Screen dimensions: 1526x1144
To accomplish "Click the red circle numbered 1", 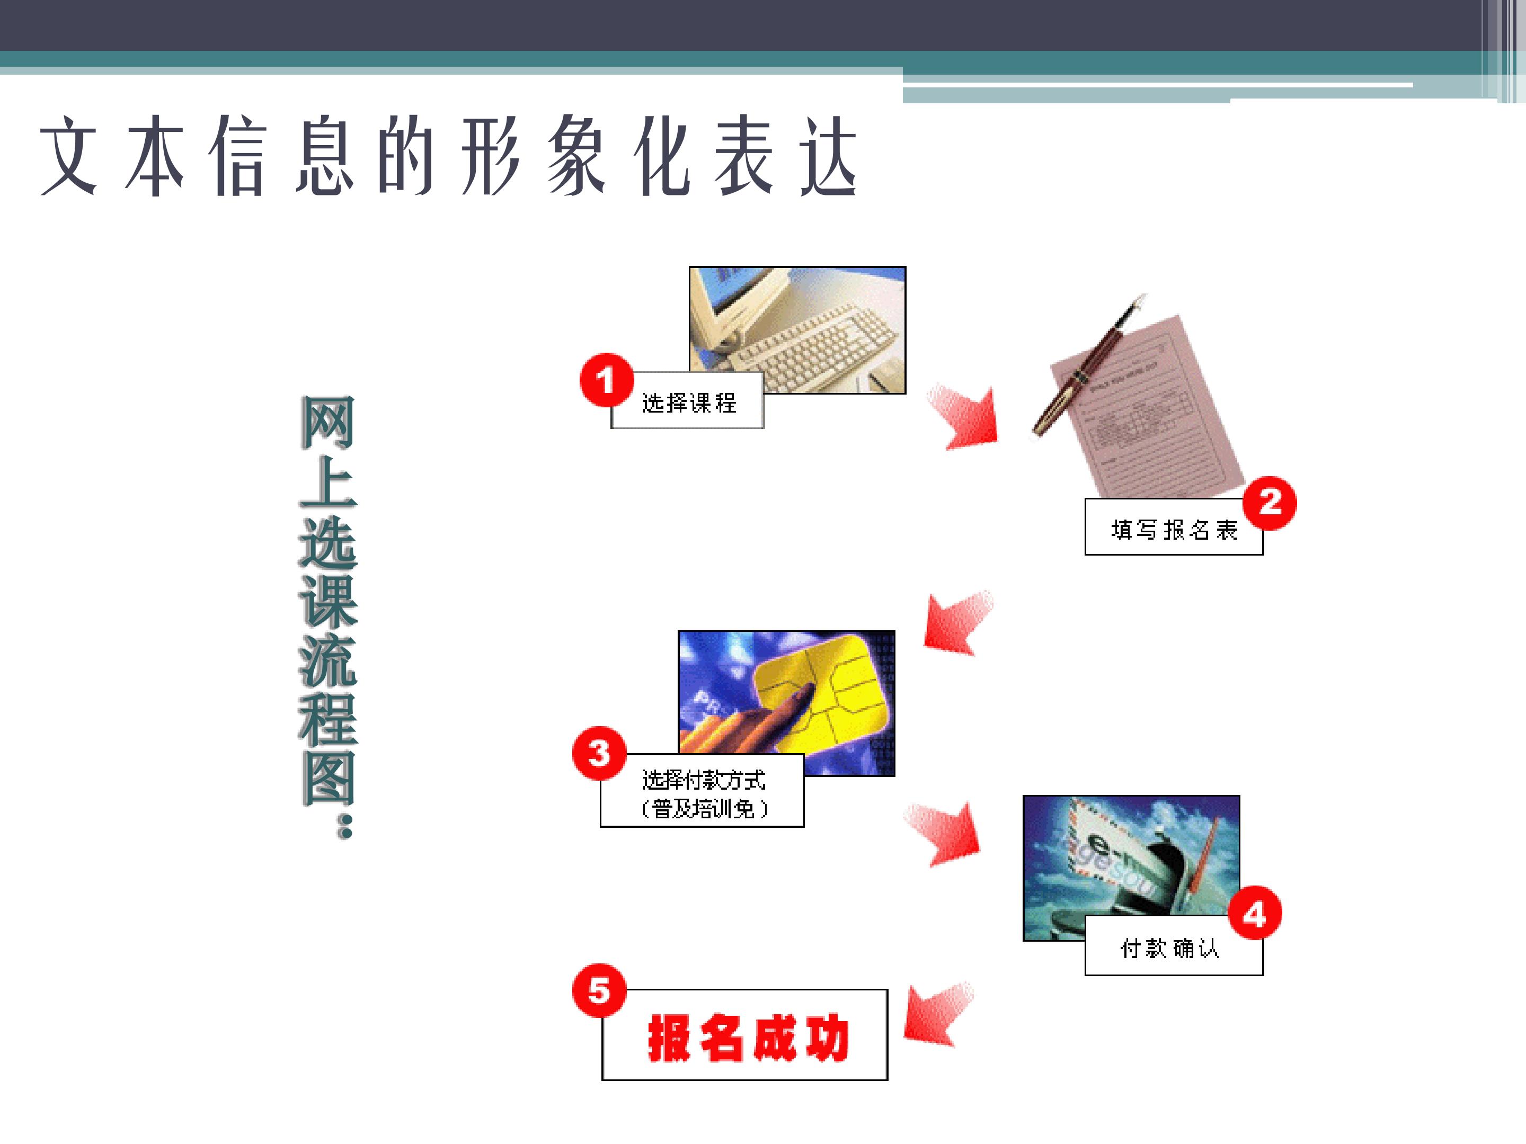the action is click(606, 380).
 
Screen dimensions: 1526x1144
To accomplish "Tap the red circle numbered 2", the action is click(1270, 503).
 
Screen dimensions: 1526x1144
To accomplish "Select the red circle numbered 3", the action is click(599, 753).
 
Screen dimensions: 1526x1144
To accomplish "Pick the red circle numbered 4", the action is click(1255, 913).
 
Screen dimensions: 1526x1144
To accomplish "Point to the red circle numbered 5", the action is click(599, 991).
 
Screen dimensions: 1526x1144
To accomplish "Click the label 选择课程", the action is click(689, 403).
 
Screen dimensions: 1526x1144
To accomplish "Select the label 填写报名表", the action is click(1174, 530).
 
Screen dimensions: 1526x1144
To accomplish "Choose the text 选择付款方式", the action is click(704, 780).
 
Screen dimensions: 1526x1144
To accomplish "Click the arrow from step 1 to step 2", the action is click(964, 416).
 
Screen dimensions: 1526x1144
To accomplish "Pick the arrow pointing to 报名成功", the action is click(938, 1013).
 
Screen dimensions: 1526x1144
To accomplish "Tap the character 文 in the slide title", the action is click(69, 155).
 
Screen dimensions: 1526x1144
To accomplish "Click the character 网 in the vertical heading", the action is click(327, 422).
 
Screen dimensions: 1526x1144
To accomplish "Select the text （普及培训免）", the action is click(704, 808).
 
